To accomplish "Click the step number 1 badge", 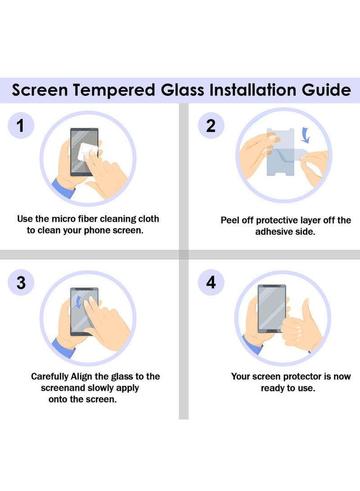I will point(21,126).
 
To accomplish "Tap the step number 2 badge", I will point(211,126).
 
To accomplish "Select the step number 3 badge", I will point(21,283).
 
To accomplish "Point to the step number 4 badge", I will point(211,283).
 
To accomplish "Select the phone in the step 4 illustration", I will point(271,308).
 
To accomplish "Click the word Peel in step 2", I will point(229,221).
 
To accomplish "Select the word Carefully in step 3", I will point(49,376).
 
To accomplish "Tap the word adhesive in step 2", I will point(274,232).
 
